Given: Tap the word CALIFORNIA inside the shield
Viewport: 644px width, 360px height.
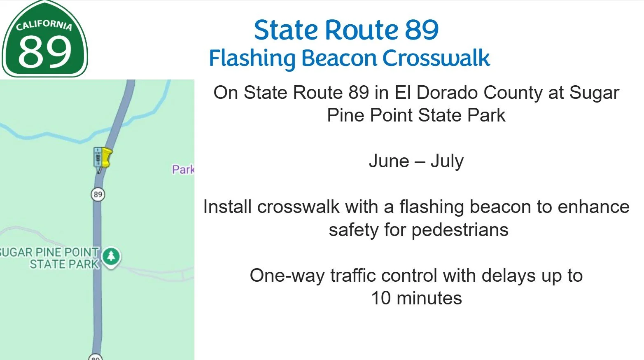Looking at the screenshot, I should [x=44, y=26].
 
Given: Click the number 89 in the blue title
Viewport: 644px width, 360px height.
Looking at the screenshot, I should [x=422, y=30].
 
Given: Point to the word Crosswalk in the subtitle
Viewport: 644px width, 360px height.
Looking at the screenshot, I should [x=436, y=58].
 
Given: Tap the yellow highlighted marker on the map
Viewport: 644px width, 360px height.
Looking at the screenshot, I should [x=106, y=157].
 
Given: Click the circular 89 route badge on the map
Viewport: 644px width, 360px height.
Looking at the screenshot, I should [x=98, y=194].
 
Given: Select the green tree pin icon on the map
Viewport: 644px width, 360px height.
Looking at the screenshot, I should [x=111, y=256].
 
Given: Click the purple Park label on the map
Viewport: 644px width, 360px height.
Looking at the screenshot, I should [x=182, y=169].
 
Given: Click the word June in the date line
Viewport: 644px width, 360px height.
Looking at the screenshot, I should [x=389, y=161].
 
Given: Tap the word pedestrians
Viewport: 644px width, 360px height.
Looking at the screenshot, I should [x=460, y=229].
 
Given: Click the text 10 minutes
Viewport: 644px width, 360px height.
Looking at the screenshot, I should [x=416, y=298].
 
